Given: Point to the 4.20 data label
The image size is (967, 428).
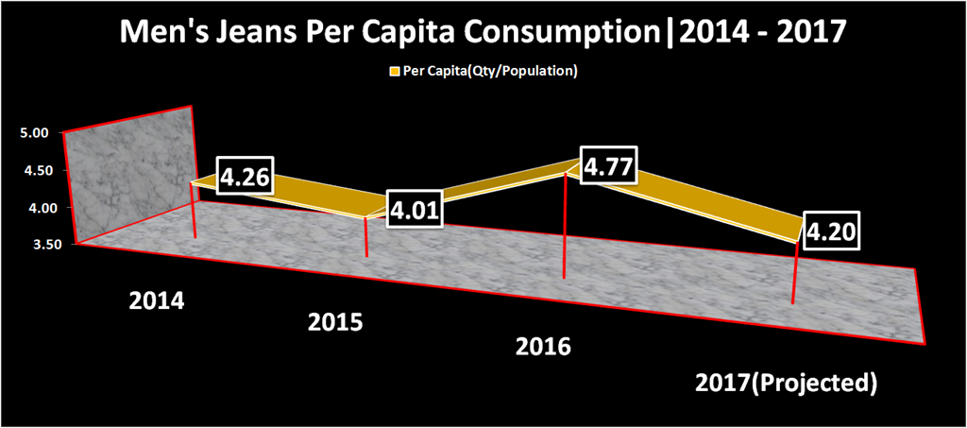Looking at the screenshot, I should click(832, 230).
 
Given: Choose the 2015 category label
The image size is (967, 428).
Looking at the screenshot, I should click(335, 322).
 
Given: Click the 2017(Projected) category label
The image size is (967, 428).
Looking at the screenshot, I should click(786, 384).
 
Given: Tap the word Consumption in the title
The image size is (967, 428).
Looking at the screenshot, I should click(568, 36).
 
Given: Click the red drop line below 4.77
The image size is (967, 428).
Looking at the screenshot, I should click(565, 227).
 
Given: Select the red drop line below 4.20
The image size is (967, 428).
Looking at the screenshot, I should click(795, 274).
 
